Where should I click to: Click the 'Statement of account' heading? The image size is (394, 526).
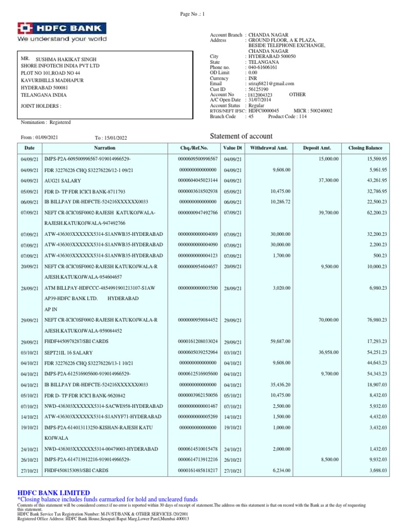(x=242, y=136)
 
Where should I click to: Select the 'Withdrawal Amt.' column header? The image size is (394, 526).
(x=269, y=148)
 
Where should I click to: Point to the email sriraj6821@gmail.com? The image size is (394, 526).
(x=271, y=84)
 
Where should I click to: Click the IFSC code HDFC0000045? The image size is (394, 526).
(x=263, y=110)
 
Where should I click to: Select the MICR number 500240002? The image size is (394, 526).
(x=320, y=110)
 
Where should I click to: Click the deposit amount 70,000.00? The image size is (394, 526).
(x=327, y=320)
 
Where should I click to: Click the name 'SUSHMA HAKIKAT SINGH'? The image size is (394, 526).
(x=66, y=60)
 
